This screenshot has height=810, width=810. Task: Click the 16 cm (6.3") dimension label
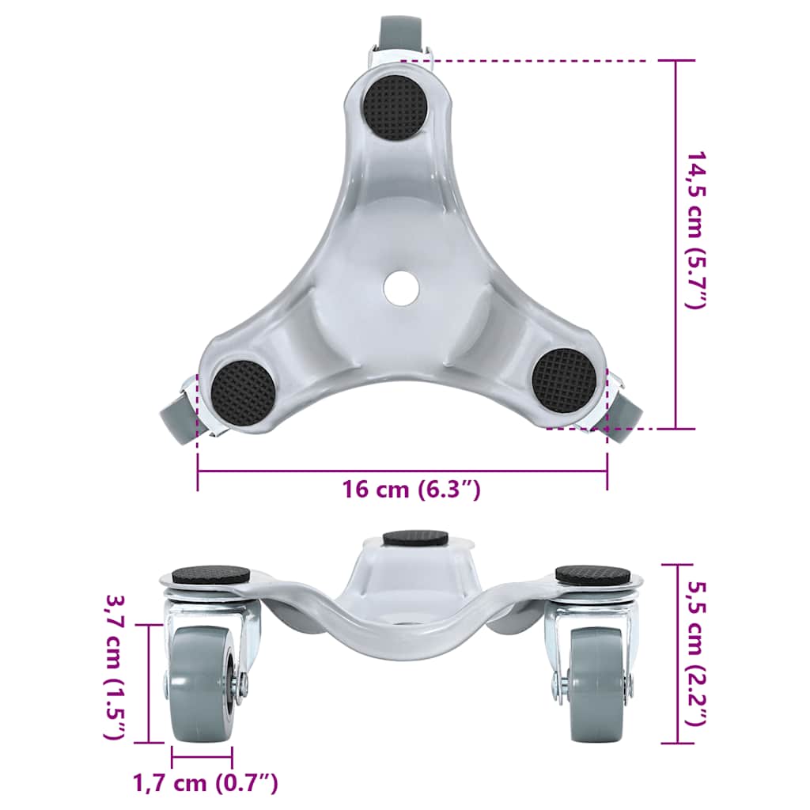(411, 490)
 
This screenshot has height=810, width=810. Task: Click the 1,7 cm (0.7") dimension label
(205, 783)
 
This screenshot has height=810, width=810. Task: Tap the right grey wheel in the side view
(600, 683)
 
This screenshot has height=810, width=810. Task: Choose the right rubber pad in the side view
(592, 573)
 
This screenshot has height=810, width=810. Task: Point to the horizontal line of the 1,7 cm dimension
(202, 757)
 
